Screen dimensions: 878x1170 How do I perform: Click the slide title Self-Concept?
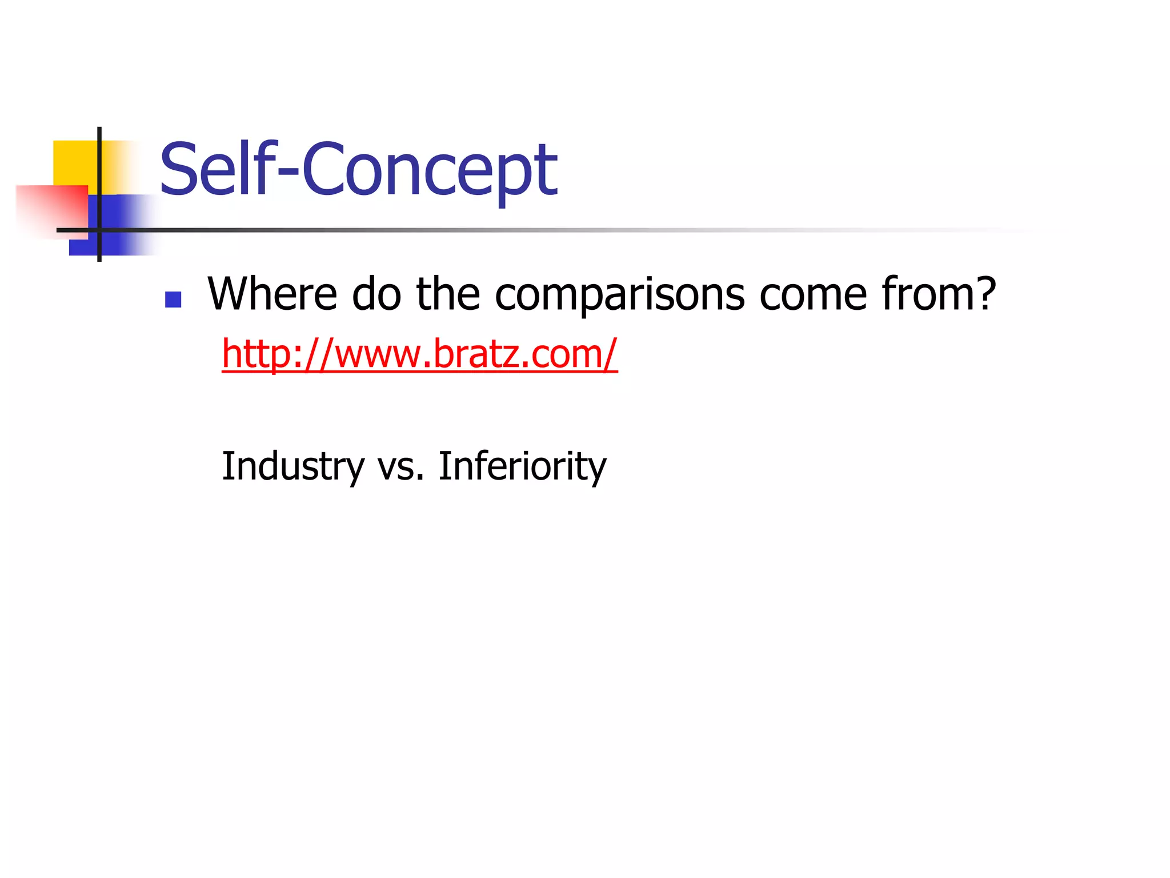click(358, 170)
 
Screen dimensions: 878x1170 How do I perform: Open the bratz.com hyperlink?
click(419, 354)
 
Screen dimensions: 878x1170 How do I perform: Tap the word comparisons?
click(619, 295)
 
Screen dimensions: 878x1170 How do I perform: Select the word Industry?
click(292, 466)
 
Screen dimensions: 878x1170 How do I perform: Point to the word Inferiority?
click(522, 466)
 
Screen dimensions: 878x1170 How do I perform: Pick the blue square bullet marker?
click(173, 300)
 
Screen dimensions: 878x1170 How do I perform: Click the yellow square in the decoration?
click(74, 162)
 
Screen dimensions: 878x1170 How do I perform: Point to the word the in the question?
click(448, 294)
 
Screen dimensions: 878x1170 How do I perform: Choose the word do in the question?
click(376, 294)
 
